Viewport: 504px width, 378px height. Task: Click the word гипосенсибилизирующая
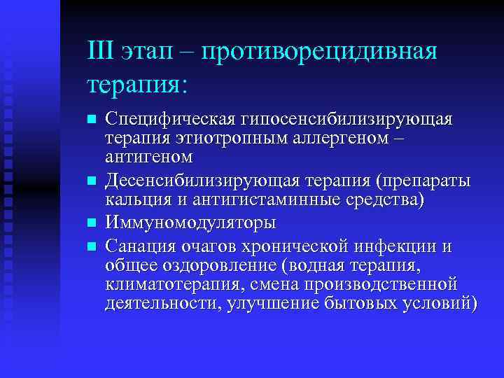(x=347, y=119)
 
